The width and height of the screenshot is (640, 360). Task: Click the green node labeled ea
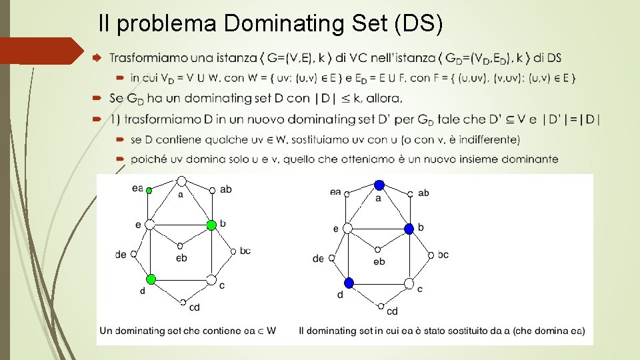tap(149, 191)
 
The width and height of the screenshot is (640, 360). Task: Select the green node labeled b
tap(211, 225)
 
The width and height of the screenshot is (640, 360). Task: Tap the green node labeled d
tap(151, 279)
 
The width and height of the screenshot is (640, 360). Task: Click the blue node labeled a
tap(379, 185)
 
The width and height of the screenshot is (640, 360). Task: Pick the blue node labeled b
tap(409, 228)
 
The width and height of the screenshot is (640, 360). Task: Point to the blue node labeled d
tap(349, 283)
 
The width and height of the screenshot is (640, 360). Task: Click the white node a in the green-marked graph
tap(181, 181)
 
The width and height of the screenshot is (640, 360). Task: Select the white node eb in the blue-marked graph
tap(378, 250)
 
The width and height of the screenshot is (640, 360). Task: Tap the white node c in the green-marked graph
tap(211, 279)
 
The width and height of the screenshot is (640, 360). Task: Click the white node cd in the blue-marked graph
tap(381, 306)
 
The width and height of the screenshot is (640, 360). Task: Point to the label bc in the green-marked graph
tap(245, 250)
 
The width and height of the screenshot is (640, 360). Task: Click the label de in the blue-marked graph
tap(318, 259)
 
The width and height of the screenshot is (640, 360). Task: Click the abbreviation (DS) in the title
tap(419, 24)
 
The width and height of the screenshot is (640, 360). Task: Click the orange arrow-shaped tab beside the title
tap(40, 51)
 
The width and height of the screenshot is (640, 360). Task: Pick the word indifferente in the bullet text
tap(486, 139)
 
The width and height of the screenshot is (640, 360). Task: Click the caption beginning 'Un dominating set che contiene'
tap(187, 330)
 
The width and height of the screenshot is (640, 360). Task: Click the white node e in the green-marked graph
tap(150, 225)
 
